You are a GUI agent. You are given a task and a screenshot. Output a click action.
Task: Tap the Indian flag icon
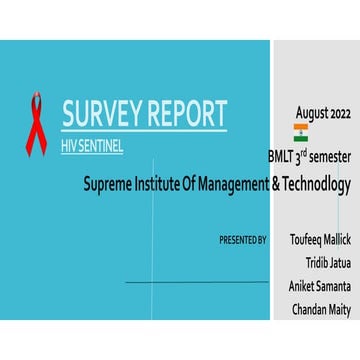(x=300, y=134)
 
